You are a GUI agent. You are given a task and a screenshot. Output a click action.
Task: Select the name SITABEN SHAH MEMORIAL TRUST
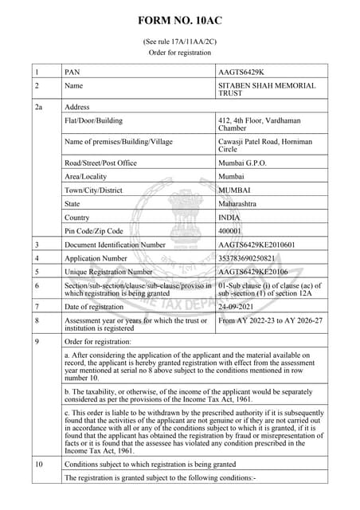tap(267, 89)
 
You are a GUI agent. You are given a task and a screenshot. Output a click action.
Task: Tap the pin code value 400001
tap(229, 230)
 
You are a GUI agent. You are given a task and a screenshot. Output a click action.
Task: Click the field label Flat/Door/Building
tap(94, 120)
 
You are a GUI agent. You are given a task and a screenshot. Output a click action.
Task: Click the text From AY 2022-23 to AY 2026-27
tap(270, 320)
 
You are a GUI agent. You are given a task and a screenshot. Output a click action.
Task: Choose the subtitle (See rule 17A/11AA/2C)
tap(180, 41)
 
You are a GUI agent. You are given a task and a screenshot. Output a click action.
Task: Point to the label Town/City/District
tap(95, 190)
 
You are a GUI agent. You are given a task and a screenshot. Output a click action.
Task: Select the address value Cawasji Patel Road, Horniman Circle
tap(265, 146)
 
